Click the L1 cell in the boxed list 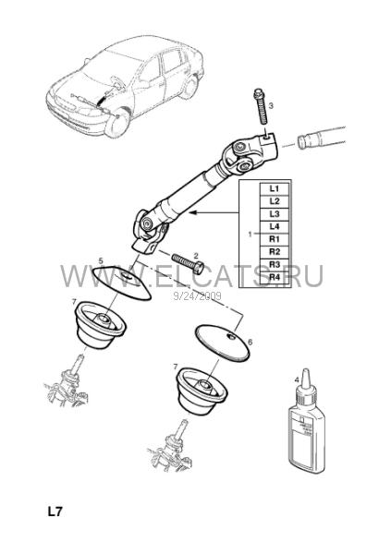[275, 188]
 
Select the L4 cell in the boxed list [275, 226]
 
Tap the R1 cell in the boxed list [275, 239]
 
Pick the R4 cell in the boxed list [275, 277]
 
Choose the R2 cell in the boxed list [275, 252]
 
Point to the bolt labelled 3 [260, 107]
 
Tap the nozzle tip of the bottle [306, 371]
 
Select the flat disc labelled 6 [223, 342]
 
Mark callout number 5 [101, 261]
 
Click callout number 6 [250, 342]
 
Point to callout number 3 [271, 105]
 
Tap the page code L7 [55, 512]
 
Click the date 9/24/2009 [198, 295]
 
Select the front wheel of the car [116, 124]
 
